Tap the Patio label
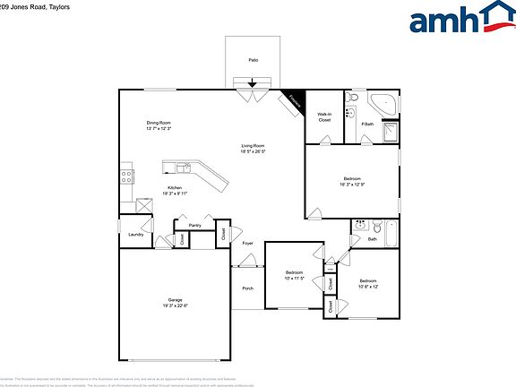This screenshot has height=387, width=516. coord(254,60)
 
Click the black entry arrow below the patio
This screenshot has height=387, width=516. coord(253,84)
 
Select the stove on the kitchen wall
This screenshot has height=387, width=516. coord(126,176)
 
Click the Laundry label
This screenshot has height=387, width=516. coord(135,234)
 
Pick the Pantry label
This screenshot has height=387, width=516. coord(194,225)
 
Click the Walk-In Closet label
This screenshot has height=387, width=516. coord(323,116)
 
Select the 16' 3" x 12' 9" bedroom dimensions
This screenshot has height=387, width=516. coord(353,183)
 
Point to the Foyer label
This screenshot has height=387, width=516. coord(247,243)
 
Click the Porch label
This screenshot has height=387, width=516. coord(247,288)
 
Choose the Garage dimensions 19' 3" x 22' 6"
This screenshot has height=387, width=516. coord(176,305)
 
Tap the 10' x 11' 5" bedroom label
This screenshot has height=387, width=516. coord(296,278)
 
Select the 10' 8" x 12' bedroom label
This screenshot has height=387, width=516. coord(368,287)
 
